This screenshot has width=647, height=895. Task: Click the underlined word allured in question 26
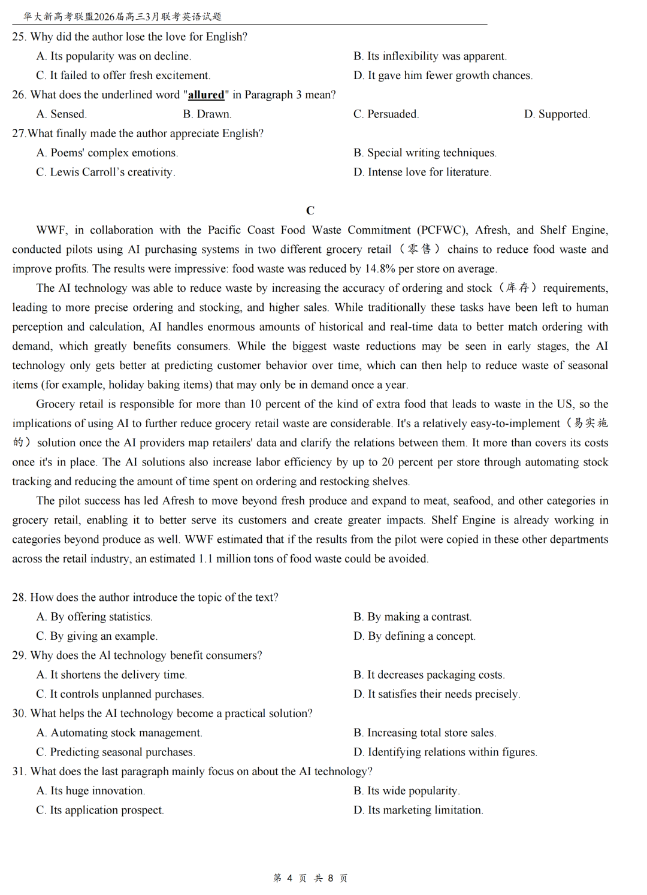[206, 95]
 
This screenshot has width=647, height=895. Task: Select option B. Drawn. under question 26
[207, 114]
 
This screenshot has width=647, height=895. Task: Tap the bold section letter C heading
[310, 210]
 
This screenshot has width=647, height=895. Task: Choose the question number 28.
[19, 597]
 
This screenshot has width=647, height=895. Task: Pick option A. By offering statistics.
[95, 616]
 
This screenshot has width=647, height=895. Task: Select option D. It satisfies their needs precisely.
[437, 694]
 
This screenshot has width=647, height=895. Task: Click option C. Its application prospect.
[100, 810]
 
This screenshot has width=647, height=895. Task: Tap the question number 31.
[19, 771]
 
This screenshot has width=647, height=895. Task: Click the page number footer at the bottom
[310, 878]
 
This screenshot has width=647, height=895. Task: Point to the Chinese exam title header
[123, 16]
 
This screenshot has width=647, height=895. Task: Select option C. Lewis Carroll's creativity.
[106, 172]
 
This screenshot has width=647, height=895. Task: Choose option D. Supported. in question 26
[557, 114]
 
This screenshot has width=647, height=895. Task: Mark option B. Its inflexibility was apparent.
[430, 56]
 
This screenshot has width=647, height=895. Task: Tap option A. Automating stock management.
[119, 733]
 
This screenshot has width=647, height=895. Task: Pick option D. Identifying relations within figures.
[445, 752]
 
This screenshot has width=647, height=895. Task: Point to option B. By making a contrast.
[413, 616]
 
